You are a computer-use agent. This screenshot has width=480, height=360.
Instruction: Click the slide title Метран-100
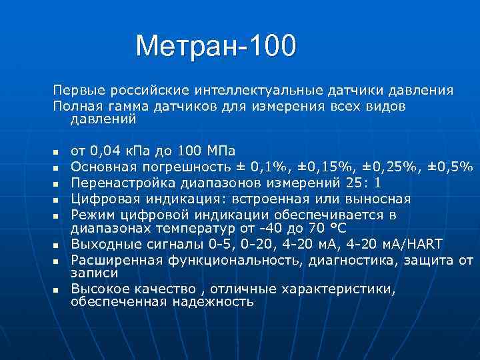point(215,46)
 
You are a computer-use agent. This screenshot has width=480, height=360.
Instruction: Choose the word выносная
point(377,199)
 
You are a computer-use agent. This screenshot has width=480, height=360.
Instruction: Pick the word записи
point(94,273)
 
